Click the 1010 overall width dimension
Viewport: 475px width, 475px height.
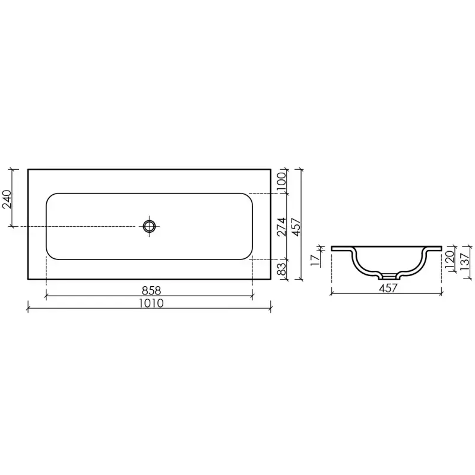pos(151,303)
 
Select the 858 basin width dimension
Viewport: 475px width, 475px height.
pos(151,290)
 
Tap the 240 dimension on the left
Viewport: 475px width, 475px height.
pos(7,199)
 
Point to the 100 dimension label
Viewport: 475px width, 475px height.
pos(281,181)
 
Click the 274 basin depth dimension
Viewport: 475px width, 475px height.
pos(281,227)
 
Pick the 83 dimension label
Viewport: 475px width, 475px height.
pos(281,269)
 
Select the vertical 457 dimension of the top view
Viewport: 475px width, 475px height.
pos(295,227)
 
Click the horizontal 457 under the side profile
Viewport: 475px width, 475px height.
pos(388,288)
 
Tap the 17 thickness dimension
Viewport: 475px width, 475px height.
pos(315,260)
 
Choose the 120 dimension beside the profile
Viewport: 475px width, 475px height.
pos(449,258)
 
